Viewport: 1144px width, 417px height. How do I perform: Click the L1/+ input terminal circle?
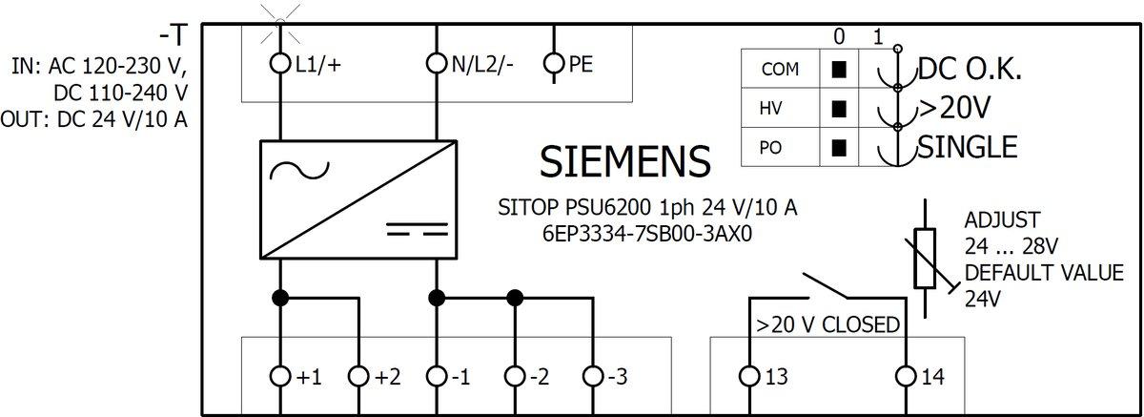(x=280, y=64)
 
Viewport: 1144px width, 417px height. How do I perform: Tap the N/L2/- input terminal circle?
(x=437, y=64)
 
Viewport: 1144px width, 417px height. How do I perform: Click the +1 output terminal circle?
(x=280, y=377)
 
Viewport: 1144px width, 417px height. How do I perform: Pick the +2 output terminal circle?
(x=358, y=377)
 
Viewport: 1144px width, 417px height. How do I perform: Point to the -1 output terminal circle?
(x=437, y=377)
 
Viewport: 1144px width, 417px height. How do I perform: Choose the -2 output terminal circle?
(x=515, y=377)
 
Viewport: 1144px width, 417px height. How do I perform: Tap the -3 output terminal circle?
(x=593, y=377)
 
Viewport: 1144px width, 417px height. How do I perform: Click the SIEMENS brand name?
(x=625, y=162)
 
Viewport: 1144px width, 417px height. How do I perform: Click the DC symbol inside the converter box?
(x=417, y=229)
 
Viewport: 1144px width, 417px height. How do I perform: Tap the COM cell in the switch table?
(x=773, y=70)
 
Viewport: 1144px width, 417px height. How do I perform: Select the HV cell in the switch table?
(x=773, y=109)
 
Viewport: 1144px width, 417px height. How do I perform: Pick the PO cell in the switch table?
(x=773, y=148)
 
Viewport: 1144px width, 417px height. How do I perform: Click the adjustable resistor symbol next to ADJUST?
(x=926, y=258)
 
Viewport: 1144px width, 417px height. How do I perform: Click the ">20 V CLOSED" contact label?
(x=827, y=325)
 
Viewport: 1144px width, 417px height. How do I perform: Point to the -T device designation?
(x=174, y=36)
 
